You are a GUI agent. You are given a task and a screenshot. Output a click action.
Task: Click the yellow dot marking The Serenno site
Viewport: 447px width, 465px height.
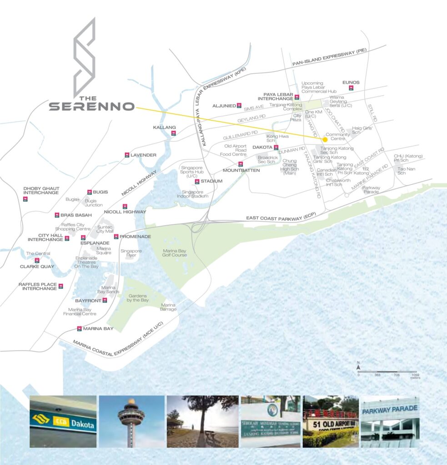pos(325,140)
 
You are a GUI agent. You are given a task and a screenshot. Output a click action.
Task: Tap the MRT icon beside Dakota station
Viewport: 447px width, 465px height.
pos(276,147)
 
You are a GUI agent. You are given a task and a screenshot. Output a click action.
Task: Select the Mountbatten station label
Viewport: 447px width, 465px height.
pos(241,170)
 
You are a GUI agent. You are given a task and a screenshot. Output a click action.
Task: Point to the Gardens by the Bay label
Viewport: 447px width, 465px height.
pos(138,297)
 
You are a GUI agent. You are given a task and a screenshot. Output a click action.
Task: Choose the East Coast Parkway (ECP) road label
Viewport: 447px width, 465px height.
pos(280,218)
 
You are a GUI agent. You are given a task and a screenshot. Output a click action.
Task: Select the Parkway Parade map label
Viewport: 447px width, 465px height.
pos(372,190)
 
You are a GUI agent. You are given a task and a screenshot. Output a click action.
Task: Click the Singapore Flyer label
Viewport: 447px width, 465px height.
pos(131,253)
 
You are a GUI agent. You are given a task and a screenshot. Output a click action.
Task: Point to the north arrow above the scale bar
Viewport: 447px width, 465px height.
pos(358,366)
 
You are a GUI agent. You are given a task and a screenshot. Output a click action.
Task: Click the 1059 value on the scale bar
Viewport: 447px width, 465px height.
pos(415,375)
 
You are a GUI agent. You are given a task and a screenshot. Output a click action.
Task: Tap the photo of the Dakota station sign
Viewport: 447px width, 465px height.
pos(63,421)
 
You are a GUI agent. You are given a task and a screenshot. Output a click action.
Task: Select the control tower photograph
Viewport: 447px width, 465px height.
pos(131,421)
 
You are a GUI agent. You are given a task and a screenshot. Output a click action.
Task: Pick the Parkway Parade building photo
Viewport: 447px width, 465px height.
pos(390,421)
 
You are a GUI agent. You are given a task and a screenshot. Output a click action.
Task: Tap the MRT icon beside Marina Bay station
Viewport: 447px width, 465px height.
pos(80,328)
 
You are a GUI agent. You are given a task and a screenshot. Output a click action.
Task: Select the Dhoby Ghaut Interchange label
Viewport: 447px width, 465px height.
pos(41,190)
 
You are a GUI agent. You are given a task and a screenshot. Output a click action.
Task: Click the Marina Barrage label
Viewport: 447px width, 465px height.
pos(168,307)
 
